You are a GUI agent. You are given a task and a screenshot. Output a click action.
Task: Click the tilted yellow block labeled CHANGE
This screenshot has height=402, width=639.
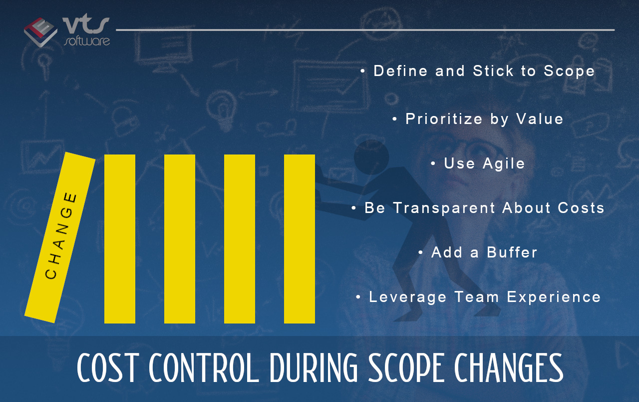[x=60, y=237]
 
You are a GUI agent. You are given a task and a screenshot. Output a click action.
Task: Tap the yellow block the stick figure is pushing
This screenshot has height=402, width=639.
[x=300, y=239]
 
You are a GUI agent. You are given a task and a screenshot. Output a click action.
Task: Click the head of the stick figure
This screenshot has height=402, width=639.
[x=371, y=157]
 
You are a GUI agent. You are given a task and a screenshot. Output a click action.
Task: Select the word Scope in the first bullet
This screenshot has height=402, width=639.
[x=569, y=71]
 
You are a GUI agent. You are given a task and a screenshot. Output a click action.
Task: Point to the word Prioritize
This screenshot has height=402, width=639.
[x=444, y=119]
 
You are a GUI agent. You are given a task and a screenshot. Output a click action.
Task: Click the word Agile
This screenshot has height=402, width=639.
[x=504, y=164]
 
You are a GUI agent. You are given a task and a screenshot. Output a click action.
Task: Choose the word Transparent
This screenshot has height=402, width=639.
[x=444, y=208]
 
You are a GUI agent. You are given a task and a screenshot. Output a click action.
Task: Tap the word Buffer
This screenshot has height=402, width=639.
[x=512, y=252]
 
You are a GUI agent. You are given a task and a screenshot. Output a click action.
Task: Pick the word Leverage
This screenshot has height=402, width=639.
[x=408, y=297]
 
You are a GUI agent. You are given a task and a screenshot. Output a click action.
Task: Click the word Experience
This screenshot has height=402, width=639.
[x=554, y=297]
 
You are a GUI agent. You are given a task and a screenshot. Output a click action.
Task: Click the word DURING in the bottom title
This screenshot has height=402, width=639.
[x=314, y=367]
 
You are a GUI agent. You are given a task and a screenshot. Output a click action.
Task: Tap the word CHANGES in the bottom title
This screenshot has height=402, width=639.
[x=509, y=367]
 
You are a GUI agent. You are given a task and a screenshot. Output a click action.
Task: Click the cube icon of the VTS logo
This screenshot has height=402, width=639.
[x=40, y=32]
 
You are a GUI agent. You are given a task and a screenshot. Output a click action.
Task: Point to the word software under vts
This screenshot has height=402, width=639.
[x=87, y=41]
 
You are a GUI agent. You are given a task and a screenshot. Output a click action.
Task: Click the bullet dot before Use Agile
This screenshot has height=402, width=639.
[x=433, y=163]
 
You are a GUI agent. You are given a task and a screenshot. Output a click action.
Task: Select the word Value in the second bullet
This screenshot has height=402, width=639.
[x=540, y=119]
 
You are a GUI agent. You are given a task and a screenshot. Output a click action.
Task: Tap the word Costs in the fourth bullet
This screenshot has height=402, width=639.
[x=581, y=208]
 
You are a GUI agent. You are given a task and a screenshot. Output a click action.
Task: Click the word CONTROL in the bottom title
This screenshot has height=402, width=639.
[x=204, y=367]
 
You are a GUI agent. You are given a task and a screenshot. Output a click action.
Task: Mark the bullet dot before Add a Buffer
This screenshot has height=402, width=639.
[x=420, y=252]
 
